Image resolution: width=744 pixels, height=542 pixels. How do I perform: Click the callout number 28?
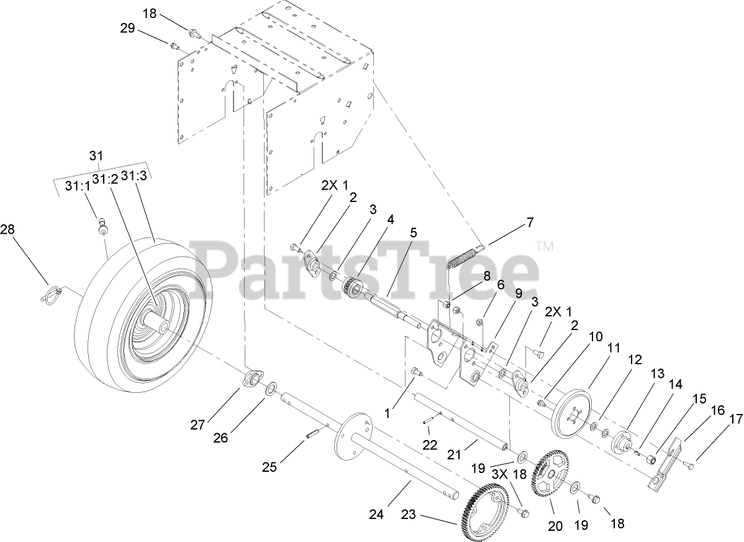pyautogui.click(x=7, y=230)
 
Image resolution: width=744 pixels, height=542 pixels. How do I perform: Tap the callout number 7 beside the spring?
pyautogui.click(x=529, y=222)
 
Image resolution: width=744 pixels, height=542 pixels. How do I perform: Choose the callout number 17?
pyautogui.click(x=737, y=420)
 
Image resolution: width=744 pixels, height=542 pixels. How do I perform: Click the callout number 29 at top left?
pyautogui.click(x=128, y=28)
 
